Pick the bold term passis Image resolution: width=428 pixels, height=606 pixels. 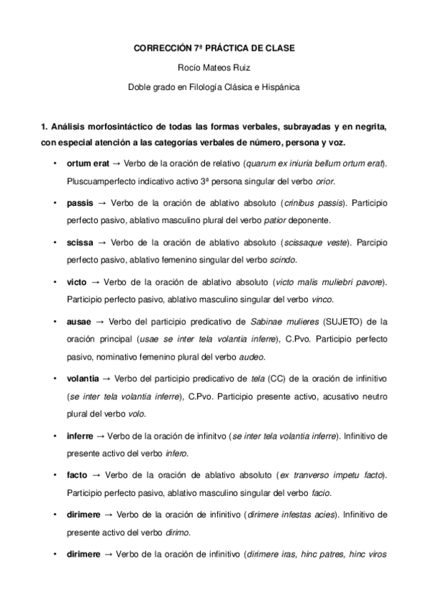(80, 204)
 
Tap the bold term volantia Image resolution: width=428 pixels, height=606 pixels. (84, 377)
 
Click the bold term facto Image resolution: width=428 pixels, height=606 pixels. (78, 475)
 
